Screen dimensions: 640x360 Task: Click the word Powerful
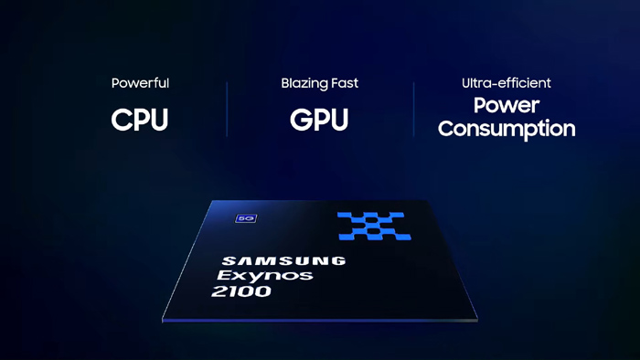pos(140,83)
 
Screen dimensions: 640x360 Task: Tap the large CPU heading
pos(140,120)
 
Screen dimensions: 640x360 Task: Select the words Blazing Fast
pos(320,83)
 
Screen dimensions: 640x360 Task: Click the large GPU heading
pos(319,120)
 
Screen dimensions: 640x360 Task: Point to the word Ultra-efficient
pos(507,83)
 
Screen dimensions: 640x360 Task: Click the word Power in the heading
pos(507,105)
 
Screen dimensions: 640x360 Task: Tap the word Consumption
pos(507,129)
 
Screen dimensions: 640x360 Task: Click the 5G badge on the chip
pos(246,218)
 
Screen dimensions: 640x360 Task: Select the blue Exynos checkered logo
pos(373,226)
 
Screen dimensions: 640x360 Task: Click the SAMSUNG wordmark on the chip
pos(284,261)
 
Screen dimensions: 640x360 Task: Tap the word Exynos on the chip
pos(265,276)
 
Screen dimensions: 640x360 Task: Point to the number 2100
pos(241,291)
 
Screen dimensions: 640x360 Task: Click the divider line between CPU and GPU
pos(227,110)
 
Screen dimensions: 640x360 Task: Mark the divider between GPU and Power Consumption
pos(413,110)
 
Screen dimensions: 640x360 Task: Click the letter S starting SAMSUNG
pos(229,260)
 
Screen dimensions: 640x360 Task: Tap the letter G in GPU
pos(300,120)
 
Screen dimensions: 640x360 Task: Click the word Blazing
pos(304,83)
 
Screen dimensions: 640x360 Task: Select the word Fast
pos(345,83)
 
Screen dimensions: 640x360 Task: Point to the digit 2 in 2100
pos(219,291)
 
